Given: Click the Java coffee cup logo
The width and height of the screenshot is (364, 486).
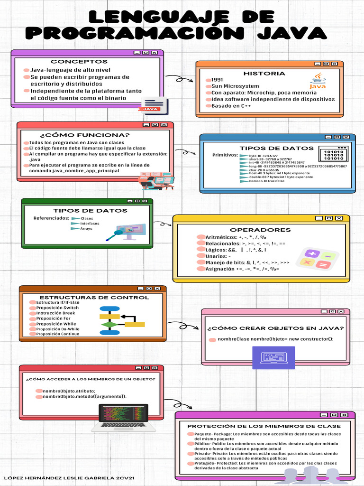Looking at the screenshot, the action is click(318, 82).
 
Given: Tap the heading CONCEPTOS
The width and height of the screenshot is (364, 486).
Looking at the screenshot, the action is click(79, 62).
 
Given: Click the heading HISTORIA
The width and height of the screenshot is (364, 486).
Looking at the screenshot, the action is click(264, 74).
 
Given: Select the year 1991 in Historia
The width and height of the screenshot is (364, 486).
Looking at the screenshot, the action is click(217, 80).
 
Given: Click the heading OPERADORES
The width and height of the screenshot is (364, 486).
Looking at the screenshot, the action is click(260, 230).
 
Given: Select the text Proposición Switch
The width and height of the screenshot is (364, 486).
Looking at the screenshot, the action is click(57, 308).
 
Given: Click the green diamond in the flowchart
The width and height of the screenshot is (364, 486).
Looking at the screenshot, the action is click(109, 325).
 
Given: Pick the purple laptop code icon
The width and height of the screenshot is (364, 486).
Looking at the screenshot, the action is click(273, 357).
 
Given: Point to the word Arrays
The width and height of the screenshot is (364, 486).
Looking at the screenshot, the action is click(86, 229).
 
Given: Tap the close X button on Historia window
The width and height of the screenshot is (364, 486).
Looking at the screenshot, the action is click(335, 64).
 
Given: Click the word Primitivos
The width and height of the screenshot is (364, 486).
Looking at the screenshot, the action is click(225, 155).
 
